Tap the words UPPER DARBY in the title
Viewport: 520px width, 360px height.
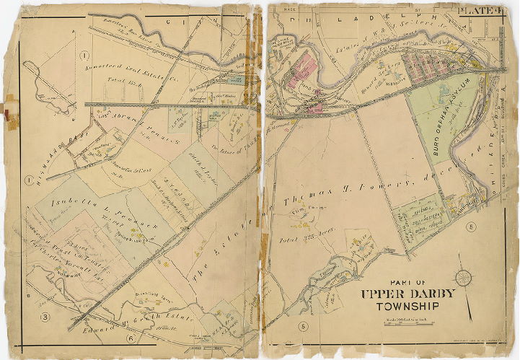click(x=408, y=294)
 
